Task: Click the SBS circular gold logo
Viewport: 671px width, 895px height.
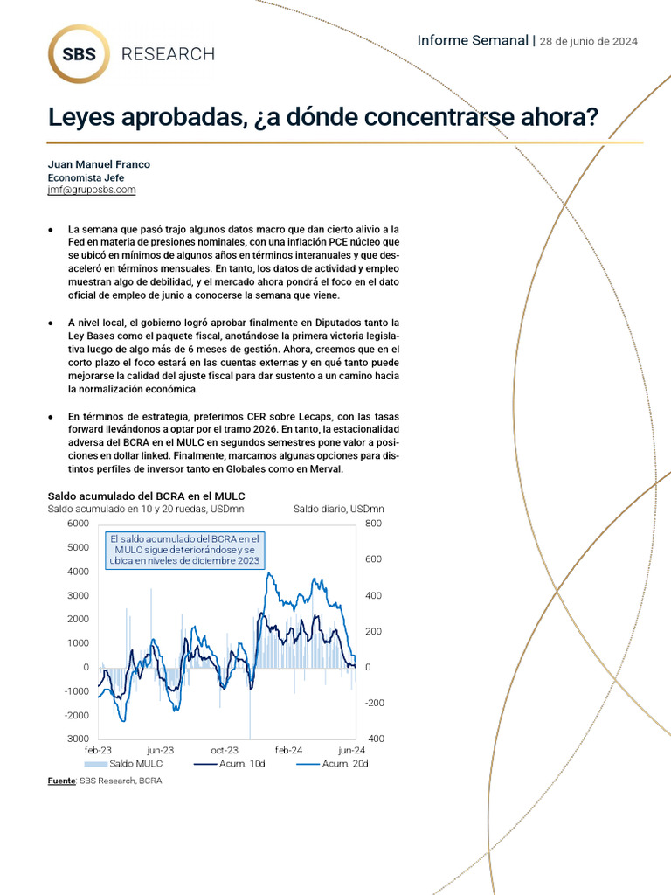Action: pos(80,54)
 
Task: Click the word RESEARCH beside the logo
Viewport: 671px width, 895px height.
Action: pos(168,54)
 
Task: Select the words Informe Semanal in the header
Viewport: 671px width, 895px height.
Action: pos(473,40)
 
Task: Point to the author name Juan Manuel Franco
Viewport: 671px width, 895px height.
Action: pos(99,164)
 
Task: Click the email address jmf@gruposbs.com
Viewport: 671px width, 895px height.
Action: pos(92,189)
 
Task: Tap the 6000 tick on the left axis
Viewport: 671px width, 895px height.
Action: pos(77,523)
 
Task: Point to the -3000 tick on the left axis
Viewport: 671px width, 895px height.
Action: pos(75,739)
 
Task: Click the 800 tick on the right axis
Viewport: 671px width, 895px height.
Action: pos(374,523)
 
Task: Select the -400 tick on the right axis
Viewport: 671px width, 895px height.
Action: pos(374,739)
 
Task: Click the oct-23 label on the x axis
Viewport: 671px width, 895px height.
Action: pos(225,751)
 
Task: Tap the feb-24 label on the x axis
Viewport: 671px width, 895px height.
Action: pos(288,751)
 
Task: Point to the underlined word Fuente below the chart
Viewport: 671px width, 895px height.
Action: pos(61,781)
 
